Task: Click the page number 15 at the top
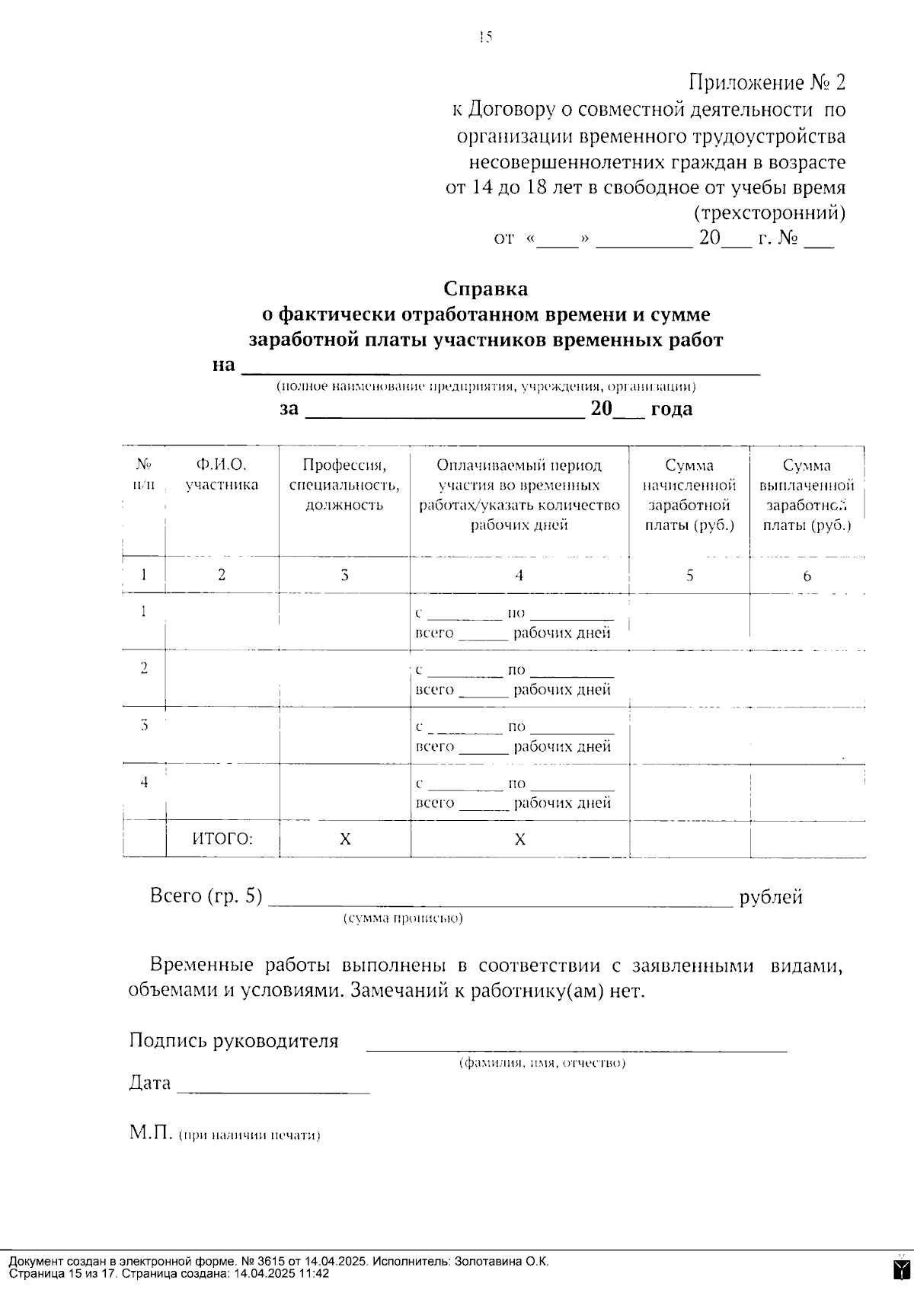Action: pos(486,37)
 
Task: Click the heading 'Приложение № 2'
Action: pos(767,81)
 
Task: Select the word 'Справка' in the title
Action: pos(486,289)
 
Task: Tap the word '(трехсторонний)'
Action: pos(769,212)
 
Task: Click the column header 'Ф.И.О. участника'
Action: pos(222,474)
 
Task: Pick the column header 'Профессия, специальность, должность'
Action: pos(344,485)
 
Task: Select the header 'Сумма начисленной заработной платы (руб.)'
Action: pos(689,495)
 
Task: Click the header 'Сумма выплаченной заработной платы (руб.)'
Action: pos(807,495)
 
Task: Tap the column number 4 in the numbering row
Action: pos(519,576)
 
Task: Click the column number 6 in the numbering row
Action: pos(807,576)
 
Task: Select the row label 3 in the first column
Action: pos(144,726)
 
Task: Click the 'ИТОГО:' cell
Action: pos(222,839)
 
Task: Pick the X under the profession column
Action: pos(345,840)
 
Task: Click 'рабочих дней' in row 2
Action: pos(562,690)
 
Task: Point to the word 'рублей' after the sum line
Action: pos(771,897)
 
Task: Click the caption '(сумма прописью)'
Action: pos(403,918)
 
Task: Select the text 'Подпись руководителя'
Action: pos(234,1041)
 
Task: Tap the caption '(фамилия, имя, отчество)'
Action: pos(542,1063)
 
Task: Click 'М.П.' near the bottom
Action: pos(152,1133)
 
